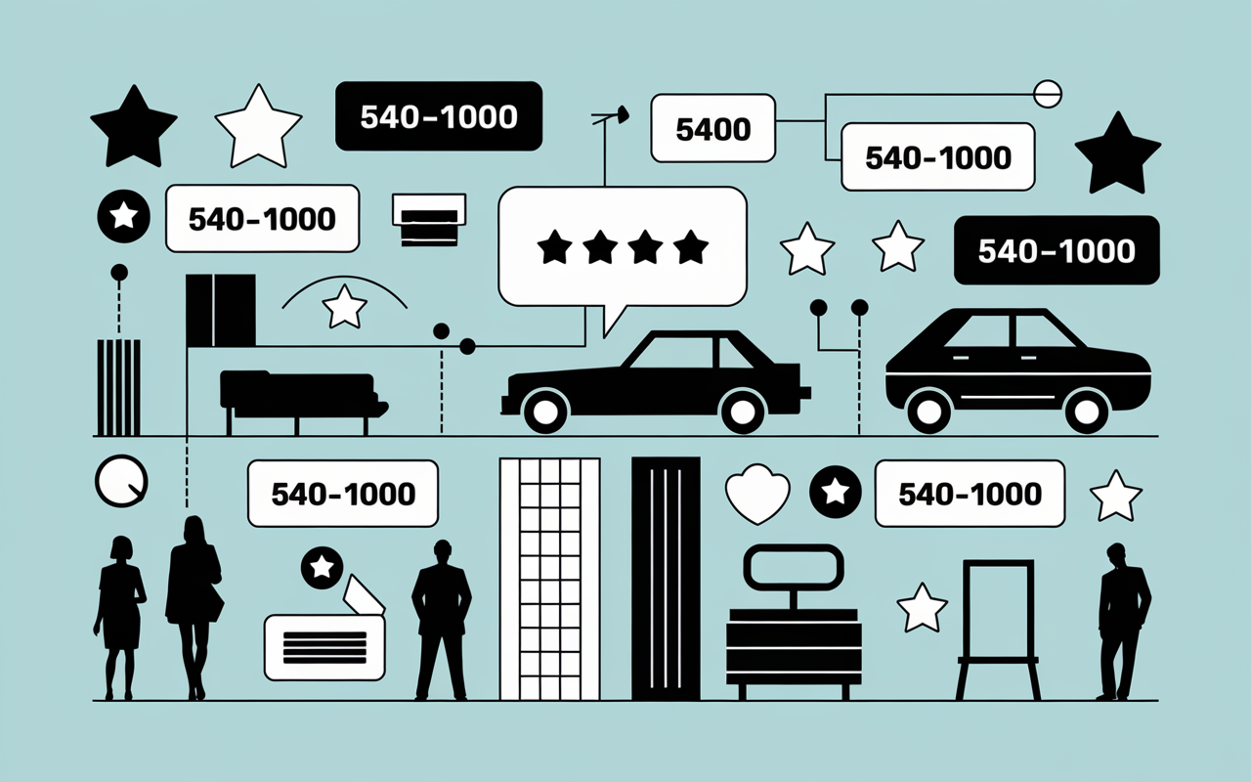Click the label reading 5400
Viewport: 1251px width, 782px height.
coord(713,128)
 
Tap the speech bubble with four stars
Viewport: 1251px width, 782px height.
coord(623,248)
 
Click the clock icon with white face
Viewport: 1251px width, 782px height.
coord(121,481)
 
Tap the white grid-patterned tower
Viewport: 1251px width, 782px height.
coord(549,579)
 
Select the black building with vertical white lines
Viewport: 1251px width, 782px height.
coord(666,579)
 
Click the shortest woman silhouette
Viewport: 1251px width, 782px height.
coord(119,617)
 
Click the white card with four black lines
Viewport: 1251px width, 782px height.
coord(324,648)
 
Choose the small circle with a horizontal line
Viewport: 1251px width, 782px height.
coord(1047,94)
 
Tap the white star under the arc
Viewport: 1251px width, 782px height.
coord(345,307)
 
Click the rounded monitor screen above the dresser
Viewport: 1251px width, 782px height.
coord(793,568)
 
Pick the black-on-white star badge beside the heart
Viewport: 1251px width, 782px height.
coord(835,492)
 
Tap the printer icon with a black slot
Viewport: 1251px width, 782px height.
coord(429,220)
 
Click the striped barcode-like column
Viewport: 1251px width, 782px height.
coord(118,388)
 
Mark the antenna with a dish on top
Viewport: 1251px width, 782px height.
coord(610,146)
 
